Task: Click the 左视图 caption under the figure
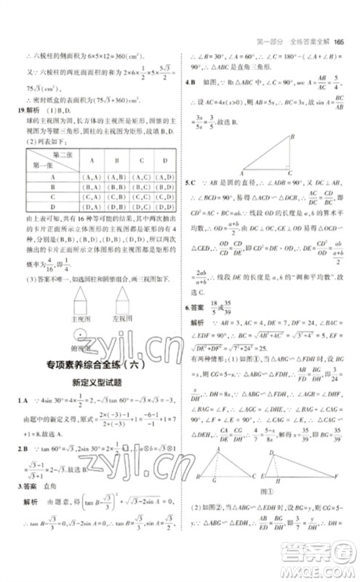point(128,318)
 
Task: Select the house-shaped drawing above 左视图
point(128,297)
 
